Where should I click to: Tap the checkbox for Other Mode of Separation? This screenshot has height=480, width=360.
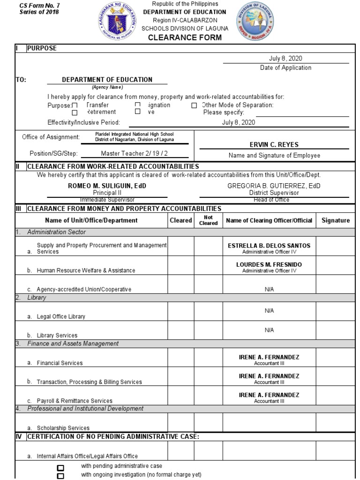[x=194, y=106]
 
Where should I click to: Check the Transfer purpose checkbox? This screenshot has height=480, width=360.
[x=75, y=106]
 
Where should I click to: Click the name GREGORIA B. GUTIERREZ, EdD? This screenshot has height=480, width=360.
[x=268, y=186]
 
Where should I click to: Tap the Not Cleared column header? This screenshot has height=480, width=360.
[x=208, y=220]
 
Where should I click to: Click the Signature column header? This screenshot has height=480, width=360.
[x=336, y=220]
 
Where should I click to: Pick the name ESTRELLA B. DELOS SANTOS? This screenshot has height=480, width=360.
[x=269, y=246]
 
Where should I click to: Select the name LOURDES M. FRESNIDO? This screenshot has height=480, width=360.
[x=269, y=265]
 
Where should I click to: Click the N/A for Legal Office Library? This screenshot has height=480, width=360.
[x=269, y=311]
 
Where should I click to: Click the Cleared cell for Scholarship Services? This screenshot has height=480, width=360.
[x=181, y=422]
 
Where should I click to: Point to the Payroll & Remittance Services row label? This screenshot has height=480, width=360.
[x=75, y=401]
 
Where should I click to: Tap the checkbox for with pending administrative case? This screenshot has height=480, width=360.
[x=60, y=467]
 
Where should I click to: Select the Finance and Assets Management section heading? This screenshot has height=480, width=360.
[x=73, y=344]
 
